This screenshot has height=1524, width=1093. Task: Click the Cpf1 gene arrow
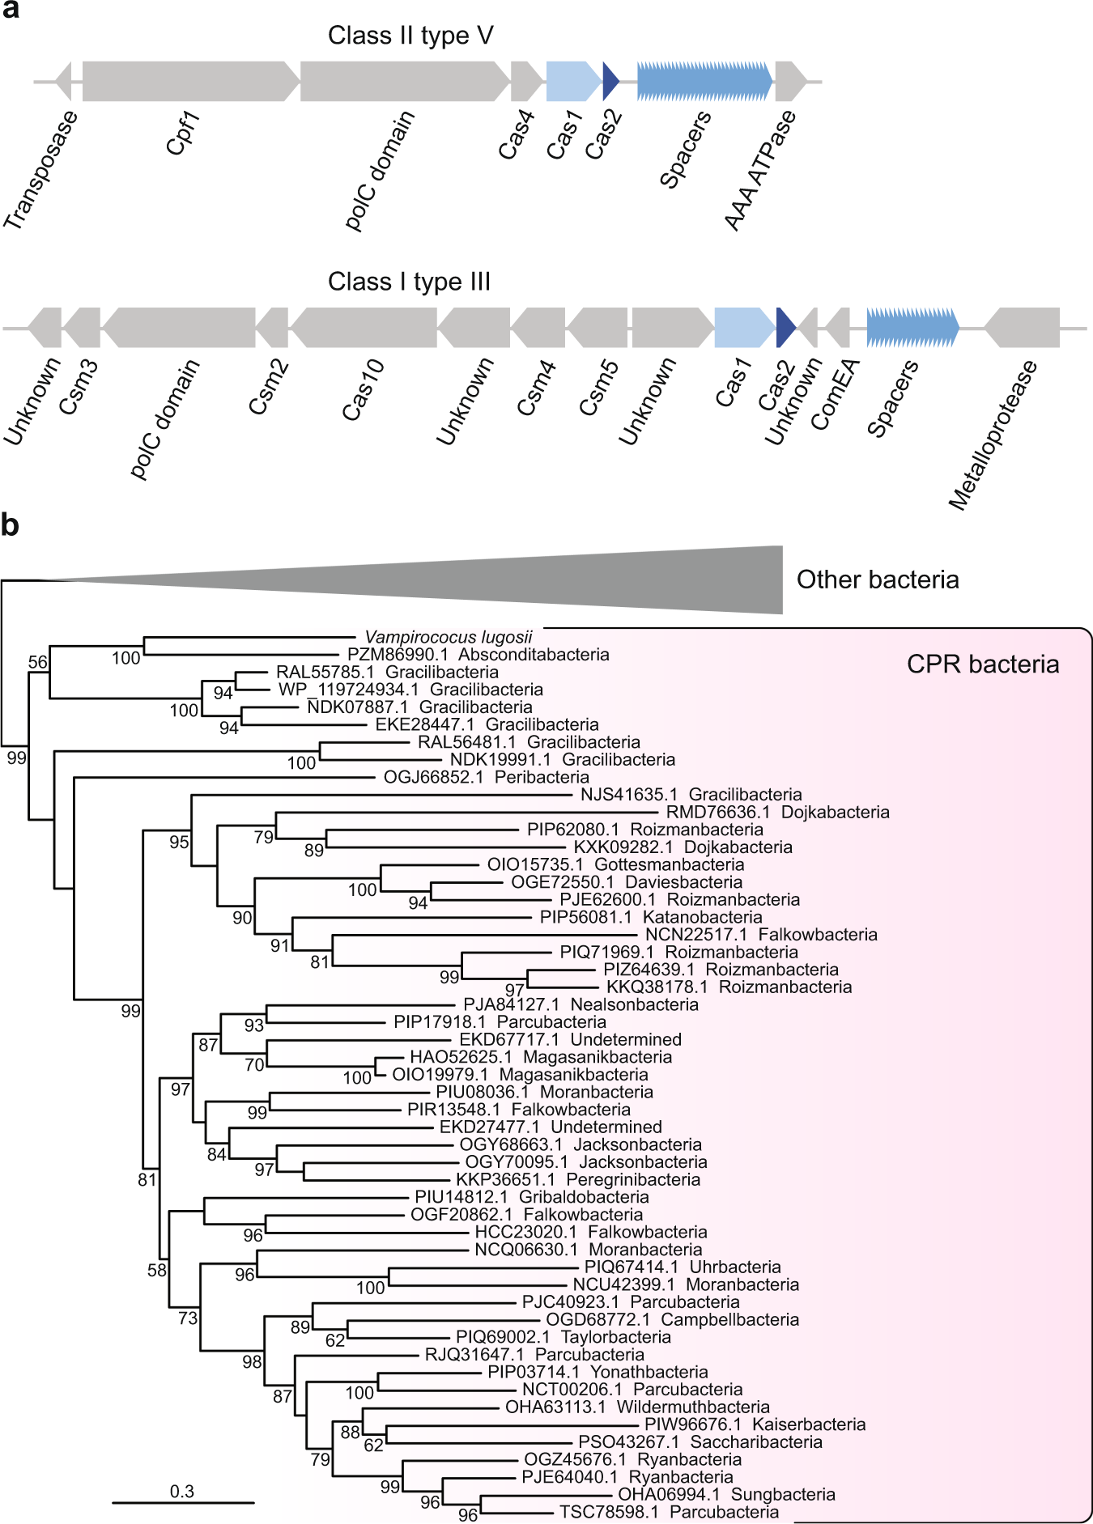pos(190,81)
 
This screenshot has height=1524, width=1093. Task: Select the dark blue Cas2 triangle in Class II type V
pos(610,81)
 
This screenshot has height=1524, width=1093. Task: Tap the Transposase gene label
pos(40,170)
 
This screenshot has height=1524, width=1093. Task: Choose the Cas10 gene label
pos(363,391)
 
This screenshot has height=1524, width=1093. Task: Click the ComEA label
pos(835,395)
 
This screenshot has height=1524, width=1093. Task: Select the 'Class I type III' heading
pos(409,282)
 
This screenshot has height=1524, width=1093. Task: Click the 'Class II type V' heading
pos(410,36)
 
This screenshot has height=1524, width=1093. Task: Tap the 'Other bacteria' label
pos(878,579)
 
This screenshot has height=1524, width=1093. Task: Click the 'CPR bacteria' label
pos(982,664)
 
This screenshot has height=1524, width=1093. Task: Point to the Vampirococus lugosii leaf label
pos(449,637)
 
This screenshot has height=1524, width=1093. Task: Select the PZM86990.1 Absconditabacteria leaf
pos(478,655)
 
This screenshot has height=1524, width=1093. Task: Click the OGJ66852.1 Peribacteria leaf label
pos(486,777)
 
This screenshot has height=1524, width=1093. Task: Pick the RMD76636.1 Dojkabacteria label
pos(777,812)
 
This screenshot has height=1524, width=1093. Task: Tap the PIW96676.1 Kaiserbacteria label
pos(755,1424)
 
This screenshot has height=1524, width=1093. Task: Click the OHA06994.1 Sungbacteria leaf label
pos(726,1494)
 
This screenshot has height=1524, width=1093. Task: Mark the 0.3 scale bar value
pos(182,1491)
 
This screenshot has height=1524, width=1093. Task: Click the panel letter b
pos(10,525)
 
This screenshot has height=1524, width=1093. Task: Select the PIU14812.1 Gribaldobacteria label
pos(531,1197)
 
